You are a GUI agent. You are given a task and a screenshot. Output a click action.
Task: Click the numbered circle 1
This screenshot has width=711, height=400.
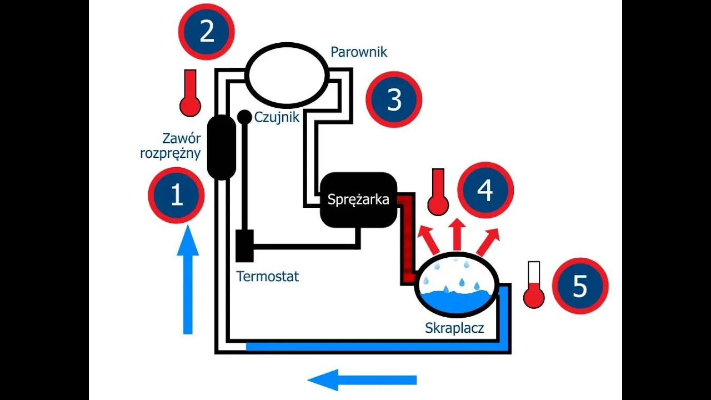[177, 196]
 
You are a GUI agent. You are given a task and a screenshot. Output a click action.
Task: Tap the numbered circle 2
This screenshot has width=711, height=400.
[207, 32]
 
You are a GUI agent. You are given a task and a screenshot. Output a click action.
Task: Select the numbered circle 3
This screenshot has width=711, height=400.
[394, 100]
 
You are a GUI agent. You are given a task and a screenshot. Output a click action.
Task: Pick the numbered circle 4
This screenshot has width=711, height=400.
[485, 191]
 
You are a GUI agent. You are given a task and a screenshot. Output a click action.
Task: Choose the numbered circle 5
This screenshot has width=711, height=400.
[580, 286]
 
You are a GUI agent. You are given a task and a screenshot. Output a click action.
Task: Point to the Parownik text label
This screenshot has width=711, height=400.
[359, 52]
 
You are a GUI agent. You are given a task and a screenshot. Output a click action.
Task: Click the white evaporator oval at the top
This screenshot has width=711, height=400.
[286, 74]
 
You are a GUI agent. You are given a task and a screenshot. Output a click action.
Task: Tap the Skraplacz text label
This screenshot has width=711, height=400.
[454, 328]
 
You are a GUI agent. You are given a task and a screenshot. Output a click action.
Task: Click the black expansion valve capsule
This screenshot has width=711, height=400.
[222, 147]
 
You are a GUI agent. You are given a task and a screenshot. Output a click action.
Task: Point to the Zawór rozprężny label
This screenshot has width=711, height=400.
[171, 146]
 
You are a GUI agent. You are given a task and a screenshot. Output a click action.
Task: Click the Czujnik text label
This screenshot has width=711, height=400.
[277, 117]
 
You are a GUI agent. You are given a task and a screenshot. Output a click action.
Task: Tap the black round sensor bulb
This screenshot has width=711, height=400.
[244, 117]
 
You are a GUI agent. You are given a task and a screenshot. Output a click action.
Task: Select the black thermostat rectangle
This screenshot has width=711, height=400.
[244, 246]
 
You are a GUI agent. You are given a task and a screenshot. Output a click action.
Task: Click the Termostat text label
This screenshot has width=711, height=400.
[268, 276]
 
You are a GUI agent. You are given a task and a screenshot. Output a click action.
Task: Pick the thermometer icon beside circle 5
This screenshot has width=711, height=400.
[534, 284]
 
